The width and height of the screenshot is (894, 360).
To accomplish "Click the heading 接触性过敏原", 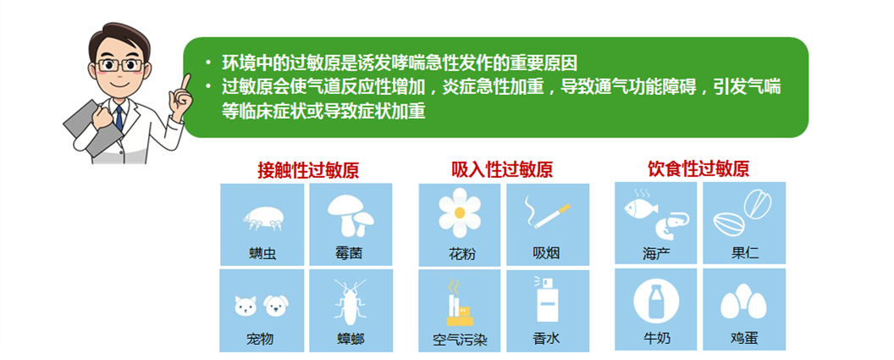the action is tap(308, 170).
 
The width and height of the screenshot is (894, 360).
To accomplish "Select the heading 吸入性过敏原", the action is tap(502, 169).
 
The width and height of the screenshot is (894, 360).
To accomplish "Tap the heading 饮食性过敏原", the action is tap(698, 169).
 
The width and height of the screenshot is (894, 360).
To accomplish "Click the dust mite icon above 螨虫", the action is tap(263, 218).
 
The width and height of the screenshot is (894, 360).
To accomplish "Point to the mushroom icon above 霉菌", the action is tap(350, 215).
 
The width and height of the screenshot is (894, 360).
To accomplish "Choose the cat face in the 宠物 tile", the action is tap(246, 306).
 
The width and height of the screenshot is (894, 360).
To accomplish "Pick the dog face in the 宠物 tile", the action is tap(276, 306).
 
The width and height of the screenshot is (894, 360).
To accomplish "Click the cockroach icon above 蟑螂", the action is tap(350, 302).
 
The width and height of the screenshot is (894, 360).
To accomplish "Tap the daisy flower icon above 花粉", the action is tap(460, 213).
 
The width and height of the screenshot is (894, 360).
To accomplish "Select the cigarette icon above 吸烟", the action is tap(548, 216).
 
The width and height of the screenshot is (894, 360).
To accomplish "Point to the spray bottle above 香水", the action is tap(546, 300).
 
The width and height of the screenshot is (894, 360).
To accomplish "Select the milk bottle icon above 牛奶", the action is tap(656, 302).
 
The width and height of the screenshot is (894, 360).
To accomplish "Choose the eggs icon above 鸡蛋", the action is tap(743, 302).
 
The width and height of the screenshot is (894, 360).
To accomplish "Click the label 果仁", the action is tap(745, 252).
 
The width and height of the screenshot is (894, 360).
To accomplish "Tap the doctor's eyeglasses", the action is tap(119, 65).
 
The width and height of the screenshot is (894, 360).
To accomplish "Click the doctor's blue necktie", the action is tap(119, 118).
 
